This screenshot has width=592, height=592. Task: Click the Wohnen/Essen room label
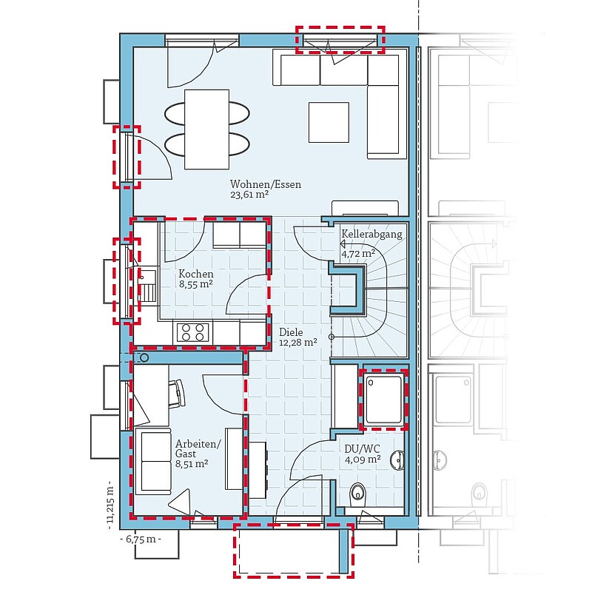coord(266,184)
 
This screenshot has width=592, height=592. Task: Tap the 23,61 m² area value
coord(249,195)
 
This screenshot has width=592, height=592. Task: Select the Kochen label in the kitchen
coord(196,274)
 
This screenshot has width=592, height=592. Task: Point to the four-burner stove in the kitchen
coord(192,332)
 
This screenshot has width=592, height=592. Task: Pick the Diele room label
coord(291,332)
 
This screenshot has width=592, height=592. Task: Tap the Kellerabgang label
coord(371,234)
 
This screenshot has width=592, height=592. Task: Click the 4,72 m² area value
coord(358,253)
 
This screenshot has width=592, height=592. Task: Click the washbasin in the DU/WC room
coord(397,460)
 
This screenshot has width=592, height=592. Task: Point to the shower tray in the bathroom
coord(383,399)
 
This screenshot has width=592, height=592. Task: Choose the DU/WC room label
coord(362,449)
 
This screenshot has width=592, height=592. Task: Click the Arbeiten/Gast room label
coord(198,448)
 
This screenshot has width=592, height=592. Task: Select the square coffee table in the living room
coord(329,122)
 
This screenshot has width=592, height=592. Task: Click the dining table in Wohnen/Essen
coord(207,129)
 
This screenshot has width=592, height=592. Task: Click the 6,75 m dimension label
coord(141,539)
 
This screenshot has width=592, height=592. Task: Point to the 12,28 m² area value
coord(298,343)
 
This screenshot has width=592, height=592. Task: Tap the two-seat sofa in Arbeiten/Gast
coord(155,462)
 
